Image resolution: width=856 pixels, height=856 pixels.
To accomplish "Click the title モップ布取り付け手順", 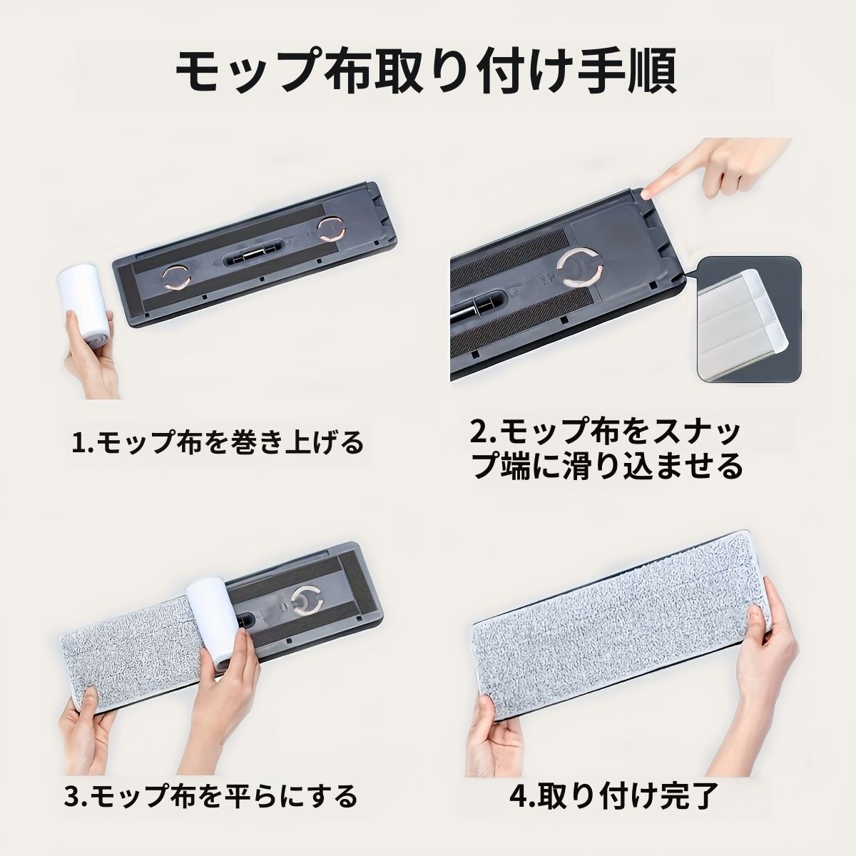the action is click(x=427, y=71).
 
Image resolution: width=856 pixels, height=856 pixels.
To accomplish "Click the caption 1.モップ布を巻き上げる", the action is click(x=218, y=443).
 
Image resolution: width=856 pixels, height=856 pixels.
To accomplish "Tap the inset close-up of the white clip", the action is click(x=750, y=319).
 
